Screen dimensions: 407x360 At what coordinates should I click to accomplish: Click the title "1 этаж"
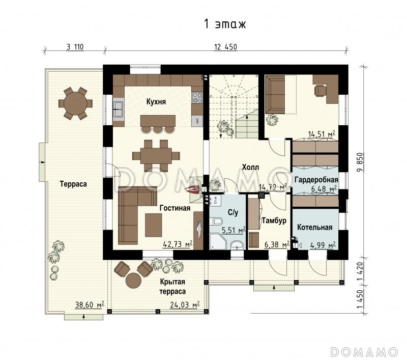click(225, 24)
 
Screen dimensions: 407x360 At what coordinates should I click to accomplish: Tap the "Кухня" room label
click(156, 101)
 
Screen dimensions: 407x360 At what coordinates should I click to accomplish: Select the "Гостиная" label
click(175, 208)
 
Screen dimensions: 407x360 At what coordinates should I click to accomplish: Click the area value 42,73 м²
click(178, 244)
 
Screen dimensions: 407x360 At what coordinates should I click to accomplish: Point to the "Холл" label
click(250, 168)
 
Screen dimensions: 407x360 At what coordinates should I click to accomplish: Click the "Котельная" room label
click(314, 227)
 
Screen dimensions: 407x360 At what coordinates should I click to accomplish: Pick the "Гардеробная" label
click(316, 179)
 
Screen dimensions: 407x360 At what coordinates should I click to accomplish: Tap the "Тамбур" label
click(274, 220)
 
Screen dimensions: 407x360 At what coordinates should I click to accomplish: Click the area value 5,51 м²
click(234, 230)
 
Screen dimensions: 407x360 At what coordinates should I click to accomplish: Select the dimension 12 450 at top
click(225, 47)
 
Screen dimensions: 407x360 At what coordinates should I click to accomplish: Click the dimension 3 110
click(75, 47)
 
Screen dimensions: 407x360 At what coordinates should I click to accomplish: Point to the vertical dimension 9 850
click(360, 163)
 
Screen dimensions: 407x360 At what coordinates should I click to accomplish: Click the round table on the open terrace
click(75, 103)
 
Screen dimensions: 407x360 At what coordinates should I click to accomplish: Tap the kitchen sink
click(119, 109)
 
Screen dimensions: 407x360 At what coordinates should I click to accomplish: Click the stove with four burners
click(197, 98)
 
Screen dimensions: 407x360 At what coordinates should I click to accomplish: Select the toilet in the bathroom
click(216, 221)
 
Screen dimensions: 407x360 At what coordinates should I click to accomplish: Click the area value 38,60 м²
click(90, 304)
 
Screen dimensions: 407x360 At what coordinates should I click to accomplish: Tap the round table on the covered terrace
click(133, 281)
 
